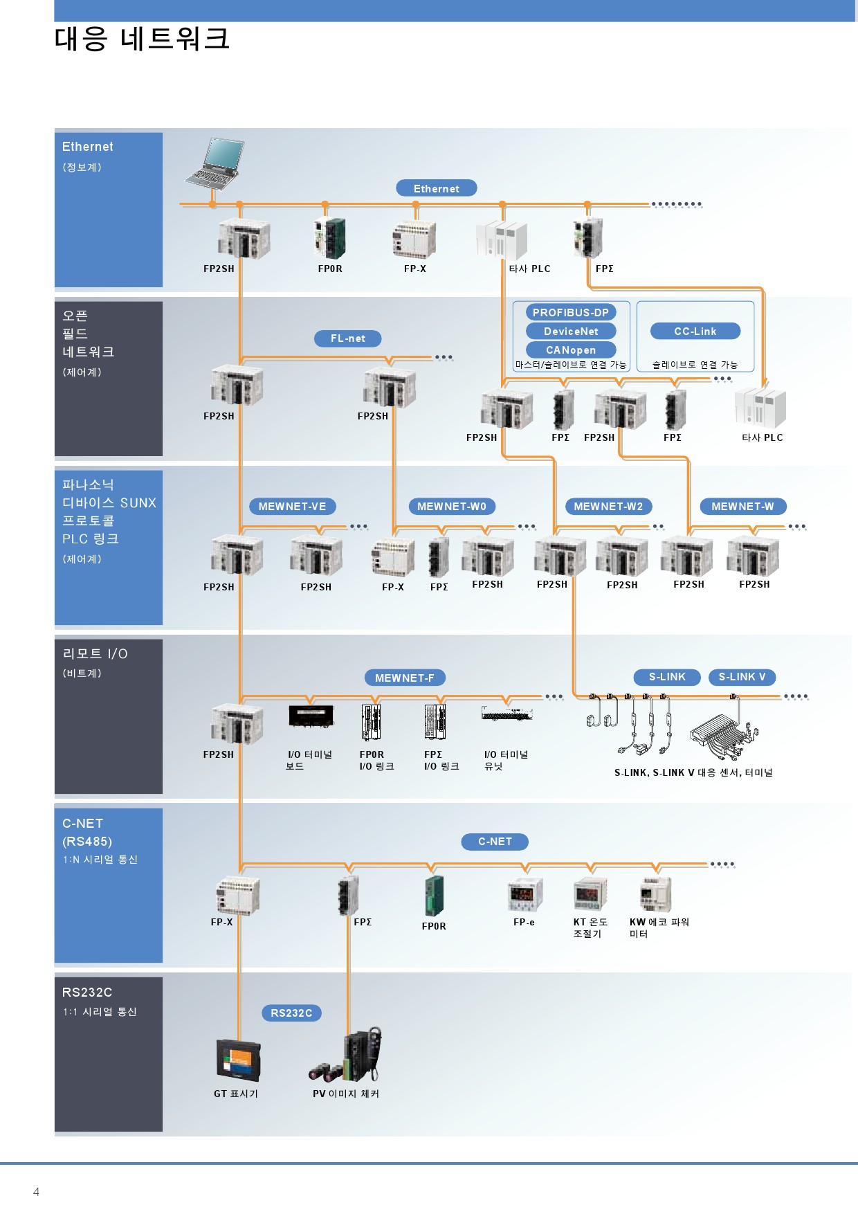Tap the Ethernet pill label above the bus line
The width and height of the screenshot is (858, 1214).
click(x=436, y=188)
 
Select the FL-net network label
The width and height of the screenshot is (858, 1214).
click(x=347, y=338)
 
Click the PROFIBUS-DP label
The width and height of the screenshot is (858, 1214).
click(x=570, y=312)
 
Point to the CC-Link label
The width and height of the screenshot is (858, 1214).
click(x=695, y=331)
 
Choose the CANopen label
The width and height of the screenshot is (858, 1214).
click(x=570, y=350)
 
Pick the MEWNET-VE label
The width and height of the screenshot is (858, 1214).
click(x=292, y=506)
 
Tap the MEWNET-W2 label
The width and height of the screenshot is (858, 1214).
click(x=608, y=506)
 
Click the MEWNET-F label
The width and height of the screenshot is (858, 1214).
click(x=404, y=678)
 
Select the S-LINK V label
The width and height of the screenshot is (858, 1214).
click(x=742, y=677)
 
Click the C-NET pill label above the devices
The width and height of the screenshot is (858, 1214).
click(x=495, y=842)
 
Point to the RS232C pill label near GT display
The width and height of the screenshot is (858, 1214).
click(x=291, y=1013)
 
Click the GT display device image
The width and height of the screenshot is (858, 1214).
click(x=238, y=1060)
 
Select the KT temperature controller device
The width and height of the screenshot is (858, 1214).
click(x=590, y=895)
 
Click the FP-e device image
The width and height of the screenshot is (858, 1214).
click(x=524, y=895)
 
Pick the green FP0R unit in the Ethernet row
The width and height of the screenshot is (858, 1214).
click(x=331, y=239)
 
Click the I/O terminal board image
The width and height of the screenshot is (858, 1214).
click(x=311, y=716)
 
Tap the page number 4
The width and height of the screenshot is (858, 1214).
click(x=36, y=1192)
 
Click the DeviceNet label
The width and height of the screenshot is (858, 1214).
click(x=570, y=331)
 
